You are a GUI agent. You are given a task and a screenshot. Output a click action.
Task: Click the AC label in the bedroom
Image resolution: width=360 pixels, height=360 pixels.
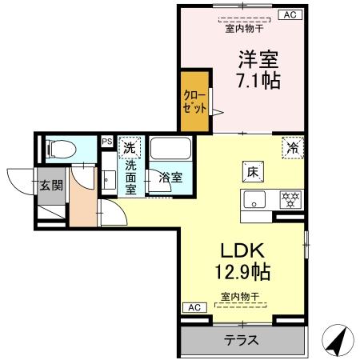tap(288, 14)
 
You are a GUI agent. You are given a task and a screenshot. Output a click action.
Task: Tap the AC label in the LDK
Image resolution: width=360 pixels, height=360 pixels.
tap(193, 307)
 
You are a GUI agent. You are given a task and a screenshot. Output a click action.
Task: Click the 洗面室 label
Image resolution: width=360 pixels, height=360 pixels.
tap(130, 177)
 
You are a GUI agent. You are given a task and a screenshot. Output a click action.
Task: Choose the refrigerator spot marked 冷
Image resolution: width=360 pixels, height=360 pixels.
tap(294, 147)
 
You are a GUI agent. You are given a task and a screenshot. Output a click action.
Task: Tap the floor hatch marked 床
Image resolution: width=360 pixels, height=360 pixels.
tap(250, 171)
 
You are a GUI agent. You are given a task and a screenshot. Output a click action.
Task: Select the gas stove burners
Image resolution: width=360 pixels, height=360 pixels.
tap(288, 198)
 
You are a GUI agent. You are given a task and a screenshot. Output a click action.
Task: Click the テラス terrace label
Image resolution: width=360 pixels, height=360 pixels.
tap(241, 339)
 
